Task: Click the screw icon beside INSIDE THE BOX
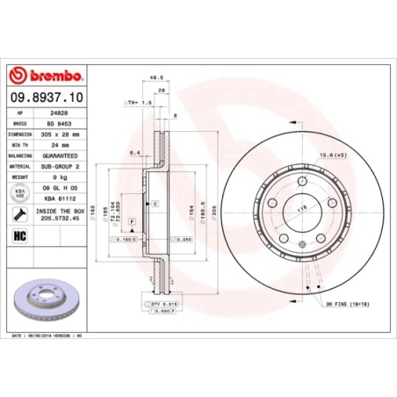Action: [19, 213]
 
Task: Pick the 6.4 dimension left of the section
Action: [134, 153]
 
